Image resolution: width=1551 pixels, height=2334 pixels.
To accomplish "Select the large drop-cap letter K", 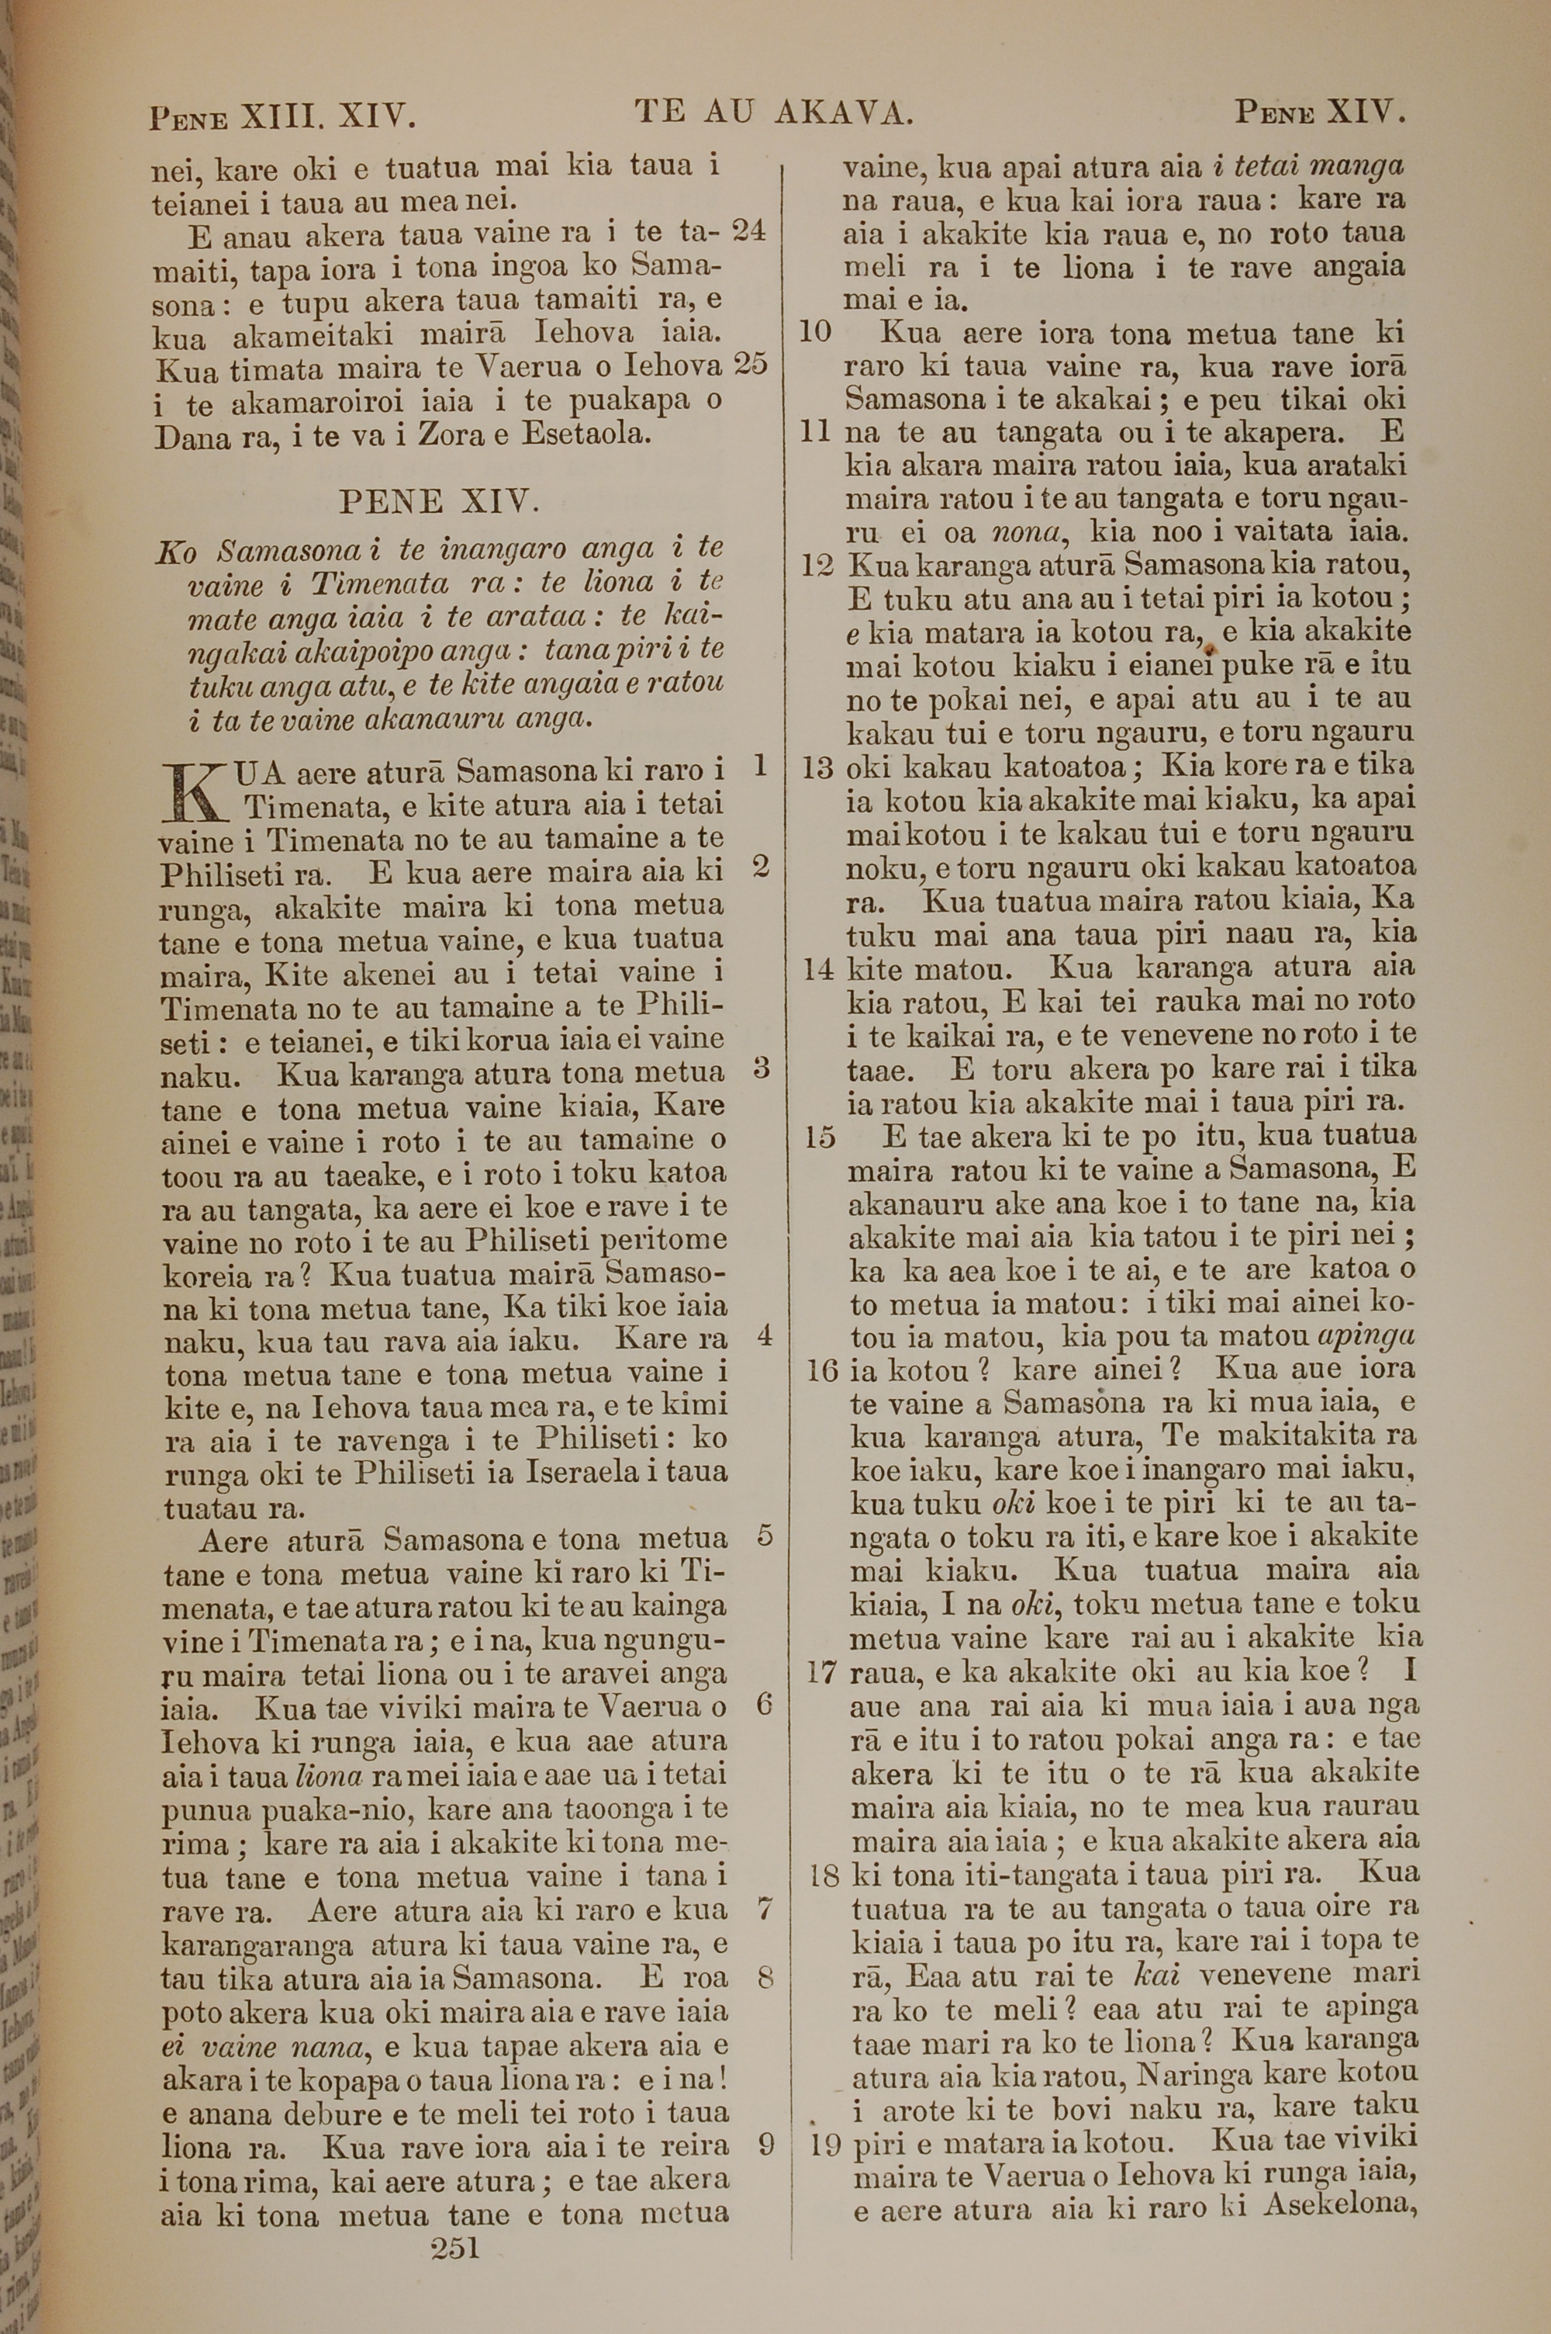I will click(194, 791).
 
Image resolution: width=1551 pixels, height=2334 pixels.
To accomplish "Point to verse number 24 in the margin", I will click(749, 230).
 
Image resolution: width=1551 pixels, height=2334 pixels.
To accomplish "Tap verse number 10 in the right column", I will click(814, 331).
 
